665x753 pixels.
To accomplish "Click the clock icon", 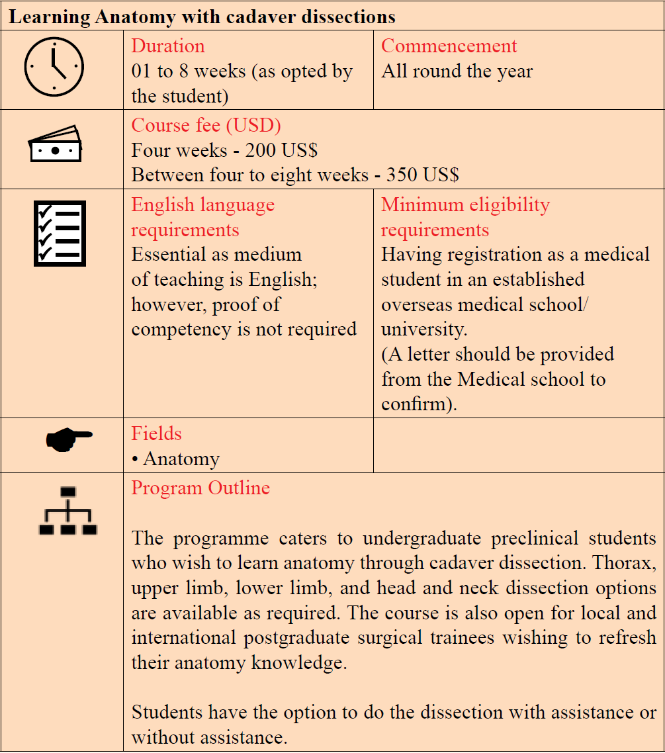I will click(x=54, y=67).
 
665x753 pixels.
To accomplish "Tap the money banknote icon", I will click(x=55, y=144).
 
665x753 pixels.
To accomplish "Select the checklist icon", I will click(x=60, y=234).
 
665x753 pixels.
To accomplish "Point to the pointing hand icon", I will click(x=69, y=438).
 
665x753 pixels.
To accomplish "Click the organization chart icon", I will click(x=67, y=511).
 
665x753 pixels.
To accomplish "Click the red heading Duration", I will click(x=168, y=46).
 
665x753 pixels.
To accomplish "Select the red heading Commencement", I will click(x=449, y=46).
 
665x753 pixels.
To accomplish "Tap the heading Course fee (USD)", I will click(x=206, y=126).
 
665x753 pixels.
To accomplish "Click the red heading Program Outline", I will click(x=200, y=488).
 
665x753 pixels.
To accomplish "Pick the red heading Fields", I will click(x=156, y=434).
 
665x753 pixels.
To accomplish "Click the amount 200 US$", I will click(x=281, y=151).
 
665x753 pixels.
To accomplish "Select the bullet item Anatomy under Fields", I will click(x=181, y=459).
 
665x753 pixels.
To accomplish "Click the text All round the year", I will click(x=457, y=71).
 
